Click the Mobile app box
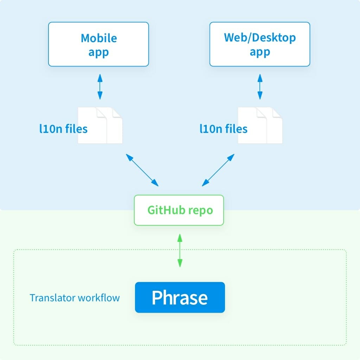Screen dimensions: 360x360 pos(98,44)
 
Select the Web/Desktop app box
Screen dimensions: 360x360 pos(260,44)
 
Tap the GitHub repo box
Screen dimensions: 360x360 pos(179,210)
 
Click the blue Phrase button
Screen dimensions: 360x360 pos(180,297)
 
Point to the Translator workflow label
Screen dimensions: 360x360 pos(75,298)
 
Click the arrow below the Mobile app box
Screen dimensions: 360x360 pos(100,86)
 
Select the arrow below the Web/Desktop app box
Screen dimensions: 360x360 pos(260,86)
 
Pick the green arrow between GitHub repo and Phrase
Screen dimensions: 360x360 pos(180,250)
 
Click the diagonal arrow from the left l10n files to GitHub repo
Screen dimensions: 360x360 pos(142,170)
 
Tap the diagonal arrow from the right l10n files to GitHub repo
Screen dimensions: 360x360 pos(218,170)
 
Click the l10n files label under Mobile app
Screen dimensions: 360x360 pos(63,129)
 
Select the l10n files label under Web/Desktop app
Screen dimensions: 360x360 pos(224,129)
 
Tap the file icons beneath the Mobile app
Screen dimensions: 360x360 pos(100,126)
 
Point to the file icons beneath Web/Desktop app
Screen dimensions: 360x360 pos(260,126)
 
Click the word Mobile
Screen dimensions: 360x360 pos(99,38)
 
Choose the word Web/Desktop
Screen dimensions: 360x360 pos(260,38)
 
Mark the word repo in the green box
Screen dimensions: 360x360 pos(201,210)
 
